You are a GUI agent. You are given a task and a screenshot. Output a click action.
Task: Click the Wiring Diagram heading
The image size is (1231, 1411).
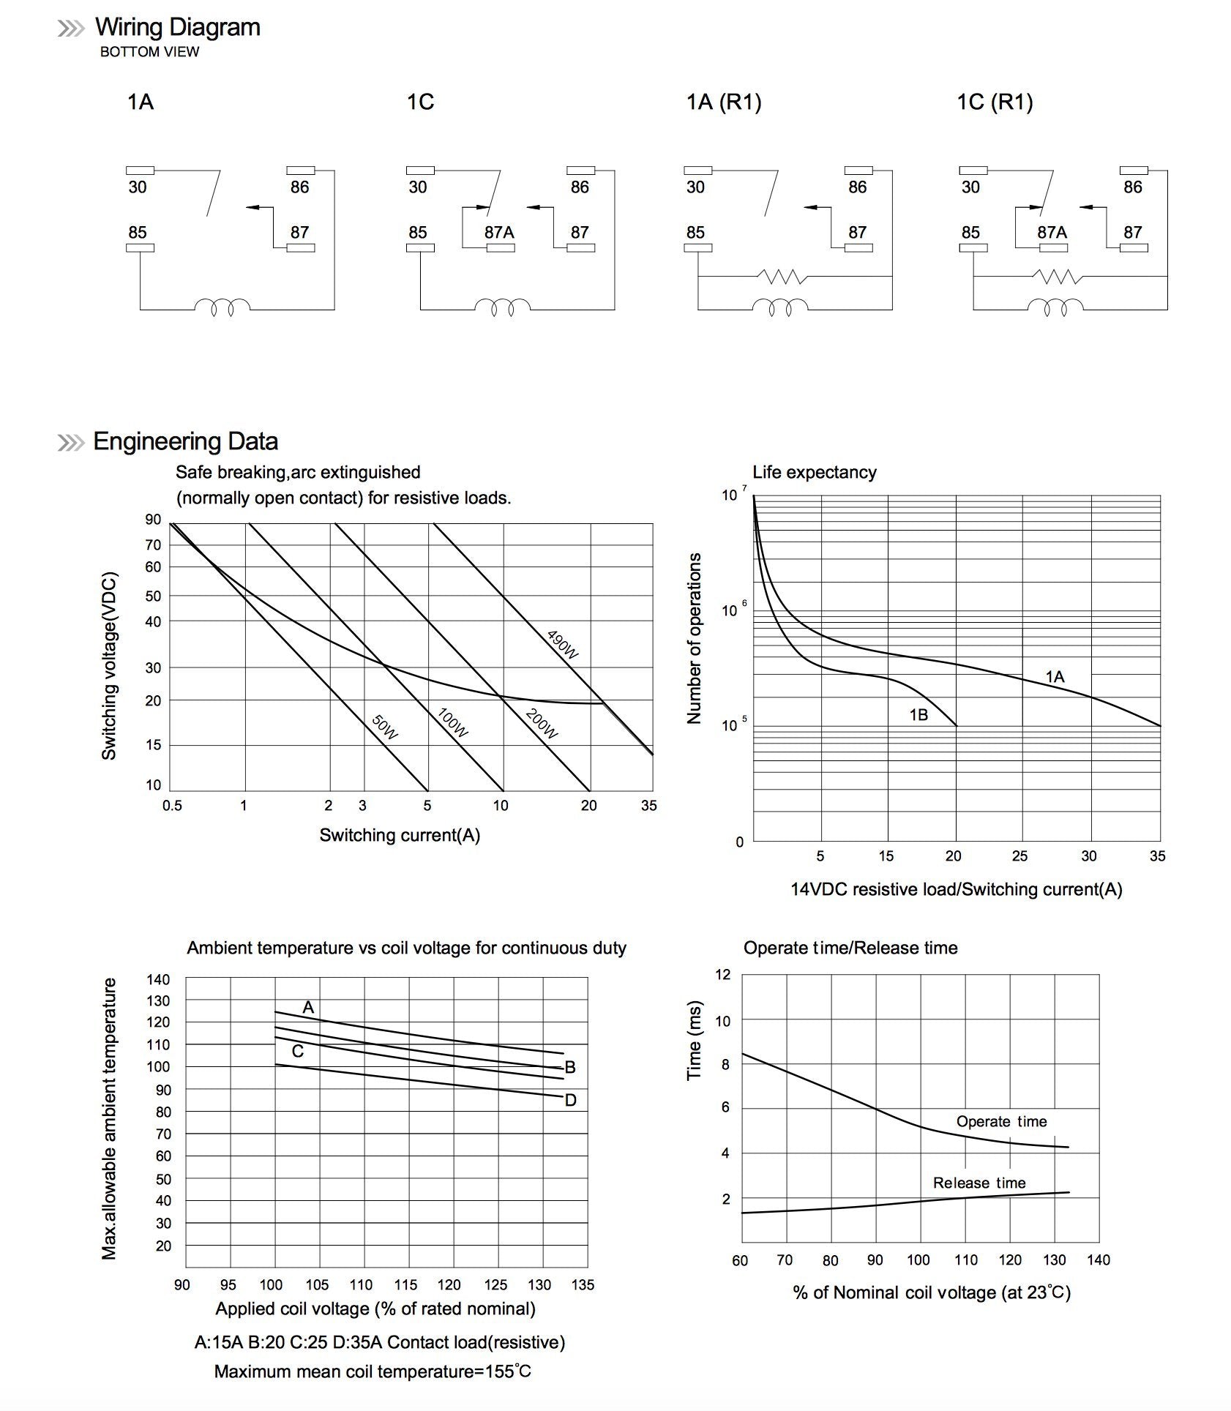[x=177, y=27]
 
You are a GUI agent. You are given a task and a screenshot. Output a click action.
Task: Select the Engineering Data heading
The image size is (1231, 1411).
[x=185, y=441]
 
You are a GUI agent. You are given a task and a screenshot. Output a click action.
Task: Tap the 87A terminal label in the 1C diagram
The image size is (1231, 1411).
[x=499, y=232]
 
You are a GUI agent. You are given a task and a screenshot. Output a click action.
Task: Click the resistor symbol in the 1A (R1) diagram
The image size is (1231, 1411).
[x=782, y=277]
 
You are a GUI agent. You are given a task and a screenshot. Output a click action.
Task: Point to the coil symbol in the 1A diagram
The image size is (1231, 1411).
[x=222, y=307]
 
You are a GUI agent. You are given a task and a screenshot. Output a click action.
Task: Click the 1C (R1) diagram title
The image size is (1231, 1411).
[x=995, y=102]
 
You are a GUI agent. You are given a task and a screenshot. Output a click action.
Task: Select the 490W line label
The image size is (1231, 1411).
[x=563, y=643]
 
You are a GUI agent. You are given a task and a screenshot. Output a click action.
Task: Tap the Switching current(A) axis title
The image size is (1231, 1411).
[x=400, y=835]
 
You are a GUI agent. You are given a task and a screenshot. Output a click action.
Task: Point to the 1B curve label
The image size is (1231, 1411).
[x=918, y=714]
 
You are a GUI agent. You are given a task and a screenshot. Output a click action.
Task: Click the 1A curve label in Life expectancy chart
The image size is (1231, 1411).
[x=1055, y=677]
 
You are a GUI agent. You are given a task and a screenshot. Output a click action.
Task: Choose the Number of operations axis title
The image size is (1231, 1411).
[x=694, y=638]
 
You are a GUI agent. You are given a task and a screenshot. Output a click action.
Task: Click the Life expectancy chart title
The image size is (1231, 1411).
[x=814, y=472]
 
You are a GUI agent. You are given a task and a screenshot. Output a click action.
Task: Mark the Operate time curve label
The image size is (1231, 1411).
[x=1001, y=1121]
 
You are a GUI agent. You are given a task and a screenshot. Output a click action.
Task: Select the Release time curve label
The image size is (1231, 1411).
[x=979, y=1183]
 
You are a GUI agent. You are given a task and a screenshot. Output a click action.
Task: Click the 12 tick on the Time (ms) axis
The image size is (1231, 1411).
[x=722, y=974]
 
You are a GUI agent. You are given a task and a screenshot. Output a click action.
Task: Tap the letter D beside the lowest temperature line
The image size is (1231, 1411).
[x=571, y=1100]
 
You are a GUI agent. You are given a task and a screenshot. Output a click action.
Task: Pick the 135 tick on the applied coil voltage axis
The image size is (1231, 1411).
[x=583, y=1284]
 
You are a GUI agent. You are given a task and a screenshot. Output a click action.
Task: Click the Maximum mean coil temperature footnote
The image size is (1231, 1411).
[x=373, y=1371]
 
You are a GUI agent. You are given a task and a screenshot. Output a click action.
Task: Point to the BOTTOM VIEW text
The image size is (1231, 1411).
[x=149, y=52]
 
